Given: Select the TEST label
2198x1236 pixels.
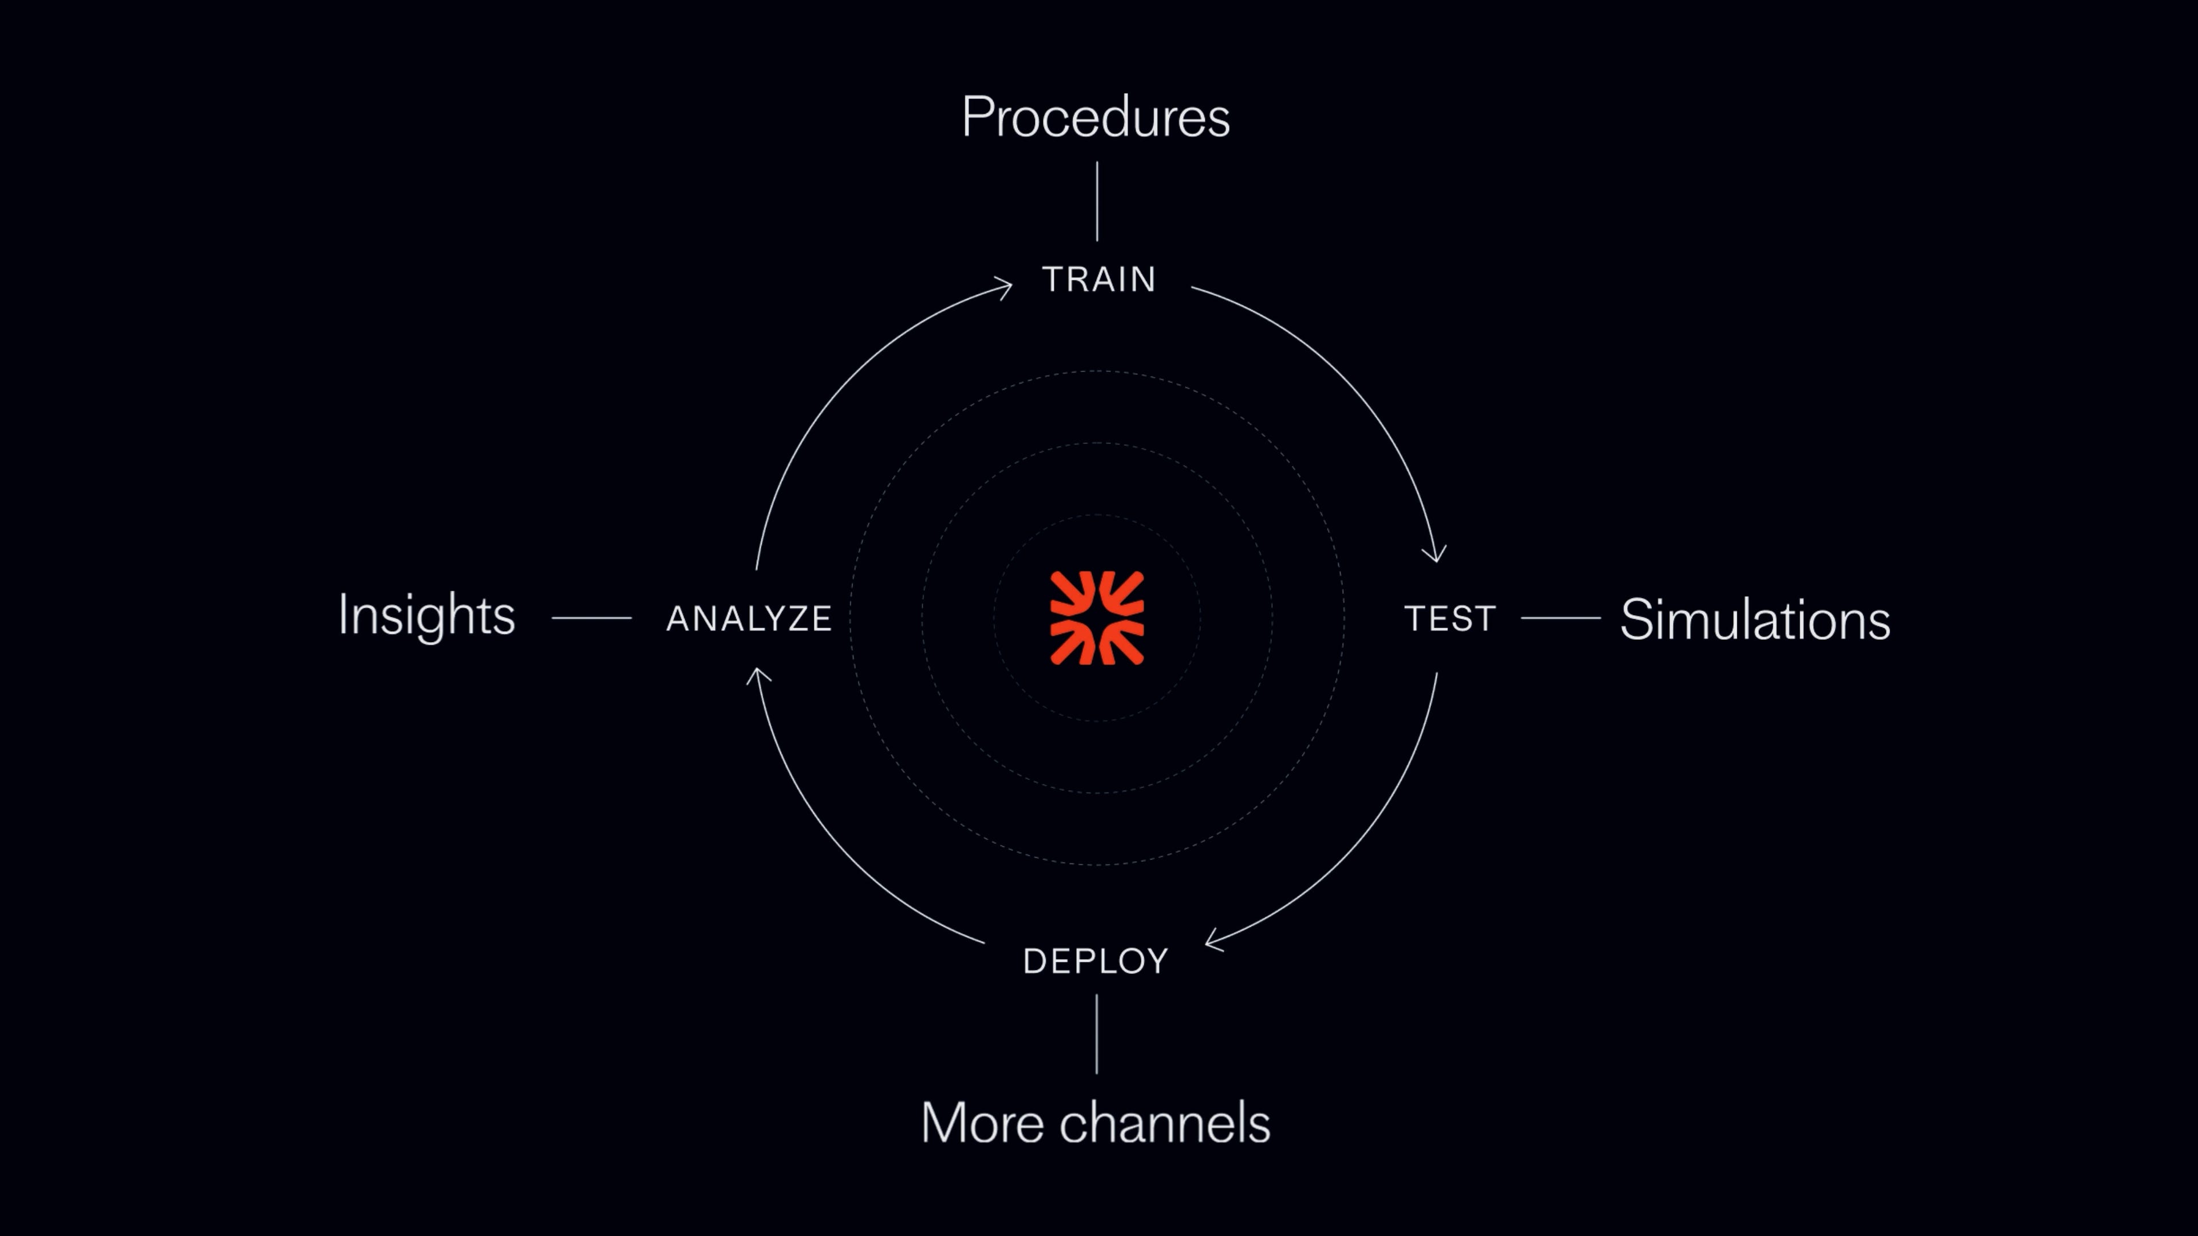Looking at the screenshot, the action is click(1450, 619).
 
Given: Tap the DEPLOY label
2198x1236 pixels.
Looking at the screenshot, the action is click(1096, 961).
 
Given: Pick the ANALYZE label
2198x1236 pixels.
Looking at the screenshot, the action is click(748, 619).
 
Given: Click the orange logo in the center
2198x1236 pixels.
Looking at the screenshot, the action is click(1097, 617).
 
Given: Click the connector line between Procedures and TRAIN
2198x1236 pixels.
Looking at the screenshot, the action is click(1097, 201).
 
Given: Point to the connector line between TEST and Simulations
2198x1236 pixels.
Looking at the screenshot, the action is click(1560, 617).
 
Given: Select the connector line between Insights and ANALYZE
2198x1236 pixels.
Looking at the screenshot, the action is click(591, 617).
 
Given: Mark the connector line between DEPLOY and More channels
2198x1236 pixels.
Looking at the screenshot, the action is click(1097, 1034).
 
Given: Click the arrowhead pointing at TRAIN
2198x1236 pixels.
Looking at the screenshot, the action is click(1005, 287).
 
